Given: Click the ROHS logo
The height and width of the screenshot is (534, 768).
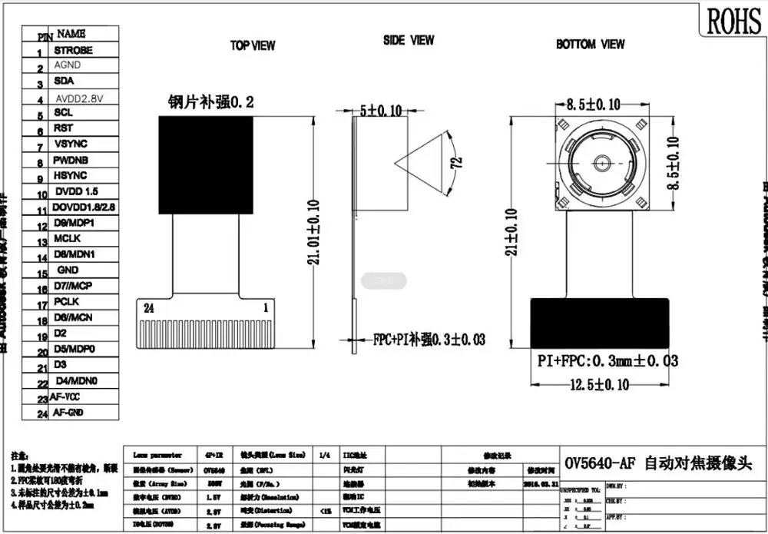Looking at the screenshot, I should click(733, 21).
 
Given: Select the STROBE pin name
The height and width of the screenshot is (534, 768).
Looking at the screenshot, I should click(73, 50).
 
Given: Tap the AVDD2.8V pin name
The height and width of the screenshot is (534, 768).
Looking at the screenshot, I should click(79, 98).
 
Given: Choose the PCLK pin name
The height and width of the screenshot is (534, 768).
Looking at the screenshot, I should click(67, 302).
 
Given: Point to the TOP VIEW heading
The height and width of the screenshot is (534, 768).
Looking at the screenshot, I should click(253, 46).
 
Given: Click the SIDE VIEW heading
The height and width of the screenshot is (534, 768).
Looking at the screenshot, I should click(409, 40).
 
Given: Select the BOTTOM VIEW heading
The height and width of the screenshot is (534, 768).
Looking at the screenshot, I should click(590, 45).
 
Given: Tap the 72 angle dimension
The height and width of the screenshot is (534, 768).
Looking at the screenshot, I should click(455, 162).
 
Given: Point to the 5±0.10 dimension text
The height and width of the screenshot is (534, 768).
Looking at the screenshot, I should click(381, 111).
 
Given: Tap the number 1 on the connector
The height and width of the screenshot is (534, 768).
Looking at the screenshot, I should click(287, 307).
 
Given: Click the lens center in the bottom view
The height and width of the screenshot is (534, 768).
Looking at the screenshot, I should click(600, 163).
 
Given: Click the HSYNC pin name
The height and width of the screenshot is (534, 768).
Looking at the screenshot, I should click(70, 175).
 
